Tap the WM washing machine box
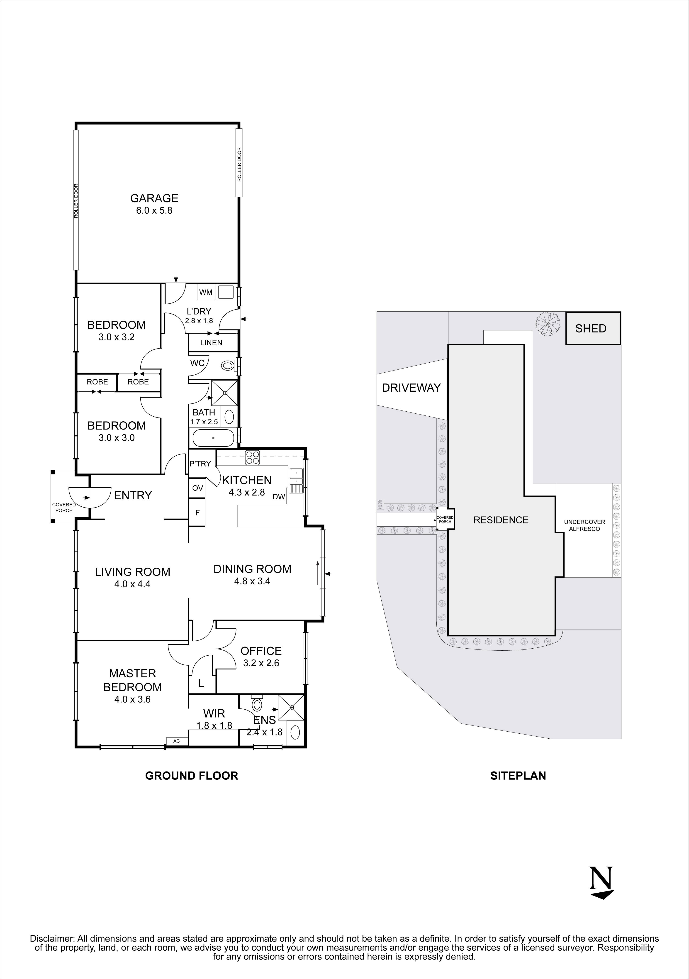(206, 292)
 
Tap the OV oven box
(197, 488)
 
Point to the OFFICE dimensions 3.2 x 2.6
(261, 663)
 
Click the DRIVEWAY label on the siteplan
(411, 388)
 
